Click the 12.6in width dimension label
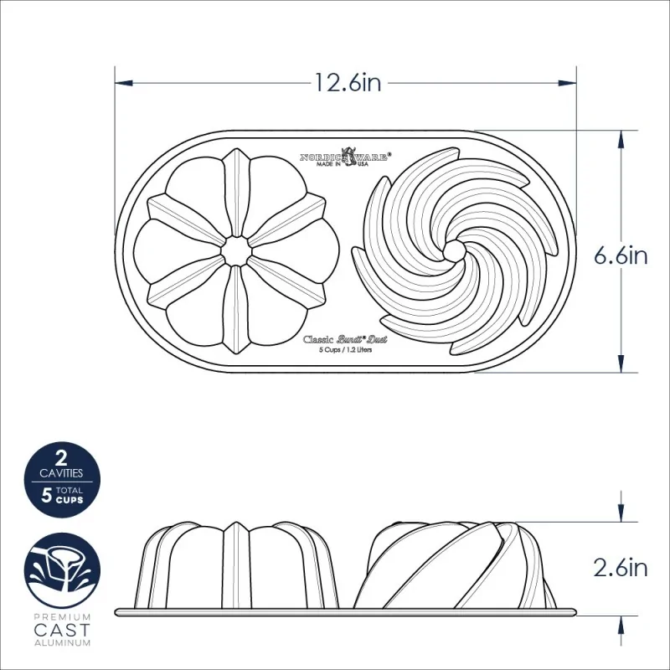tap(347, 82)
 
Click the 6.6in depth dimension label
tap(621, 255)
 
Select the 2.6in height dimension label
tap(621, 568)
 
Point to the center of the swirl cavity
tap(455, 250)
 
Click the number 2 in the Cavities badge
tap(61, 458)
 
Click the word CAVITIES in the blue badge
tap(61, 473)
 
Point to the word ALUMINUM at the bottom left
tap(61, 642)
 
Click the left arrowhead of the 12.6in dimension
tap(122, 82)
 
